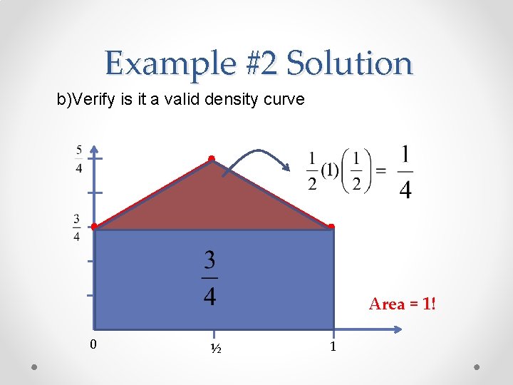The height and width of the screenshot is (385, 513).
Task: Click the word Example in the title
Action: (x=168, y=63)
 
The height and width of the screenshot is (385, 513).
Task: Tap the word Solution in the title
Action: (x=349, y=63)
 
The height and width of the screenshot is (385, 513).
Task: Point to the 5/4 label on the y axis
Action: (x=78, y=159)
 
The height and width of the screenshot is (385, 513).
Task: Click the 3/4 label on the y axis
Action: (x=76, y=228)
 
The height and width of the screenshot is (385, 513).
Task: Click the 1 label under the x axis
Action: (x=332, y=347)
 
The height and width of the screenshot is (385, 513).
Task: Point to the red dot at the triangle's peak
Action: (x=212, y=158)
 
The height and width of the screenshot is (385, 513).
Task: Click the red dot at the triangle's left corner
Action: (x=94, y=227)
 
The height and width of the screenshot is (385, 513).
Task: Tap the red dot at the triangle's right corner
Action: (x=331, y=227)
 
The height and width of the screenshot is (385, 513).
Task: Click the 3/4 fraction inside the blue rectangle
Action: (x=209, y=277)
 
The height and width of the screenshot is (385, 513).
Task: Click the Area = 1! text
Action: (x=402, y=304)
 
